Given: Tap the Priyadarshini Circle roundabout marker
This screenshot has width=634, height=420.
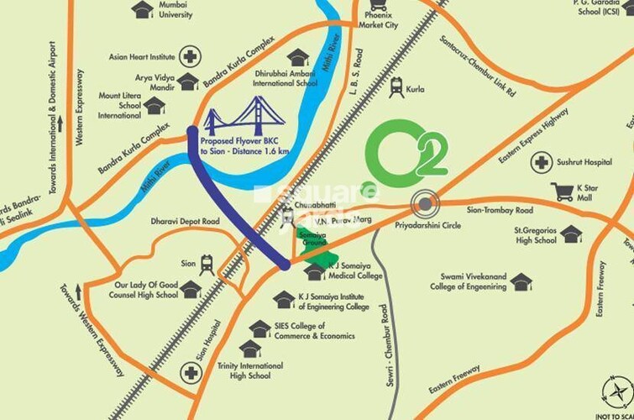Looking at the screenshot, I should click(425, 202).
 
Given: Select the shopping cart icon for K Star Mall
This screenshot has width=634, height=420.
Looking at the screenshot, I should click(563, 192).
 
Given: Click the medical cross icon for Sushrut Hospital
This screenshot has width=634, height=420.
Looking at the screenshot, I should click(543, 161).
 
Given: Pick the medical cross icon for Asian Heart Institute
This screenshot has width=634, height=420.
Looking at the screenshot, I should click(191, 58).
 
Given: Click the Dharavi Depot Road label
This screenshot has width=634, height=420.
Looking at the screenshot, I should click(185, 221).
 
